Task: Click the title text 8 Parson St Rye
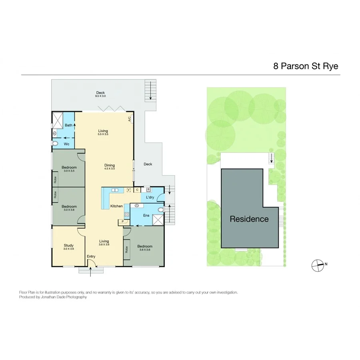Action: coord(306,66)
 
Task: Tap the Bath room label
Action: coord(69,125)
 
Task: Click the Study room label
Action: coord(69,245)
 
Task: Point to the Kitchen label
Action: coord(117,206)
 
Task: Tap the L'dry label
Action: coord(150,198)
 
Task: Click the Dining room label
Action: coord(109,165)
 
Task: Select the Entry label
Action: coord(91,256)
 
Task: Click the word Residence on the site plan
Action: coord(249,219)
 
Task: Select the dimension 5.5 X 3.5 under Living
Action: coord(103,134)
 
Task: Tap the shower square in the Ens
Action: coord(158,220)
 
